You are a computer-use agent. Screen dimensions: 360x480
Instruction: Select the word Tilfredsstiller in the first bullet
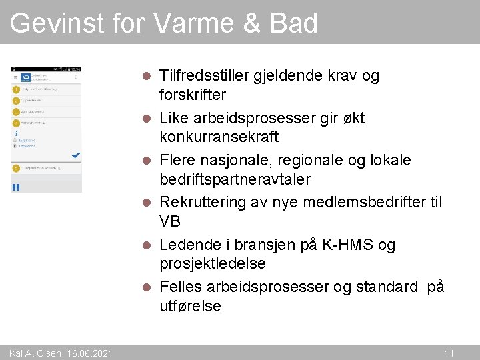[203, 75]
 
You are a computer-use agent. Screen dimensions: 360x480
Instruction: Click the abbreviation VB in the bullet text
[170, 221]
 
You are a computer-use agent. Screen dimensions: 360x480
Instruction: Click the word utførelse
[190, 306]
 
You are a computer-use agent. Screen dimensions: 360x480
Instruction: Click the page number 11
[449, 353]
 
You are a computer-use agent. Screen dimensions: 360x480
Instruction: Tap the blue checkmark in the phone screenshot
[75, 155]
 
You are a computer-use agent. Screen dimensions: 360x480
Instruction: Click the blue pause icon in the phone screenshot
[16, 187]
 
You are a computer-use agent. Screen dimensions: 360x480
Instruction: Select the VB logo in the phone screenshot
[25, 77]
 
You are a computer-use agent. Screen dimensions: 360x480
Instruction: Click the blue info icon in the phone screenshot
[15, 132]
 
